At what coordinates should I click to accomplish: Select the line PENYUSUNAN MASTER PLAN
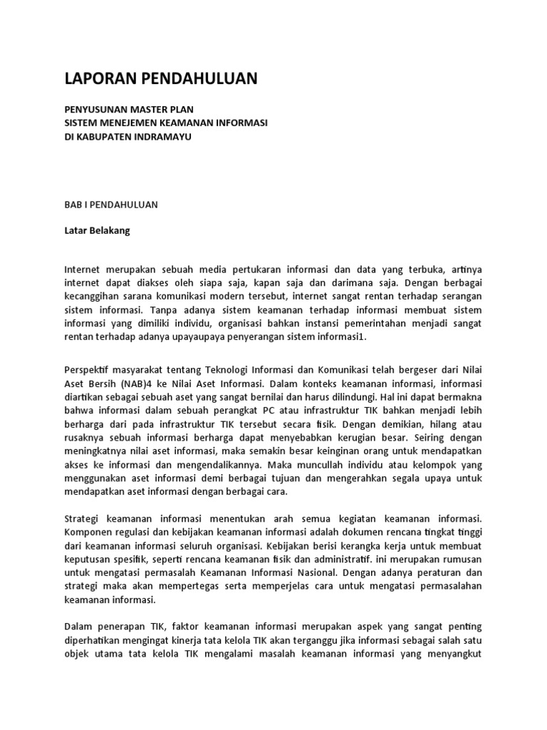pos(120,110)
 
